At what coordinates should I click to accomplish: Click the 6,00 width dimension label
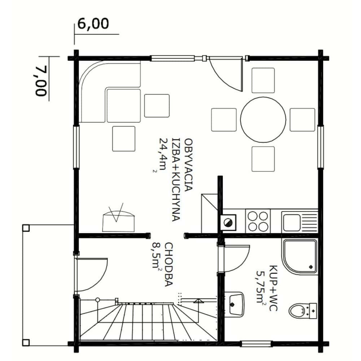coord(93,24)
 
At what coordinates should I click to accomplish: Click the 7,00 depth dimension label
coord(42,81)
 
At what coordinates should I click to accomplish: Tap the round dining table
coord(263,120)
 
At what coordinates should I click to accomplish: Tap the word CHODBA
coord(169,265)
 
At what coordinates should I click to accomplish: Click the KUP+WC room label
coord(274,288)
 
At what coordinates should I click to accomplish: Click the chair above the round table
coord(263,81)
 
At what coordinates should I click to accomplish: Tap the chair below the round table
coord(263,159)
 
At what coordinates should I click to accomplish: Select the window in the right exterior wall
coord(321,147)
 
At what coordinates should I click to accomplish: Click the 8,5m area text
coord(156,255)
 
